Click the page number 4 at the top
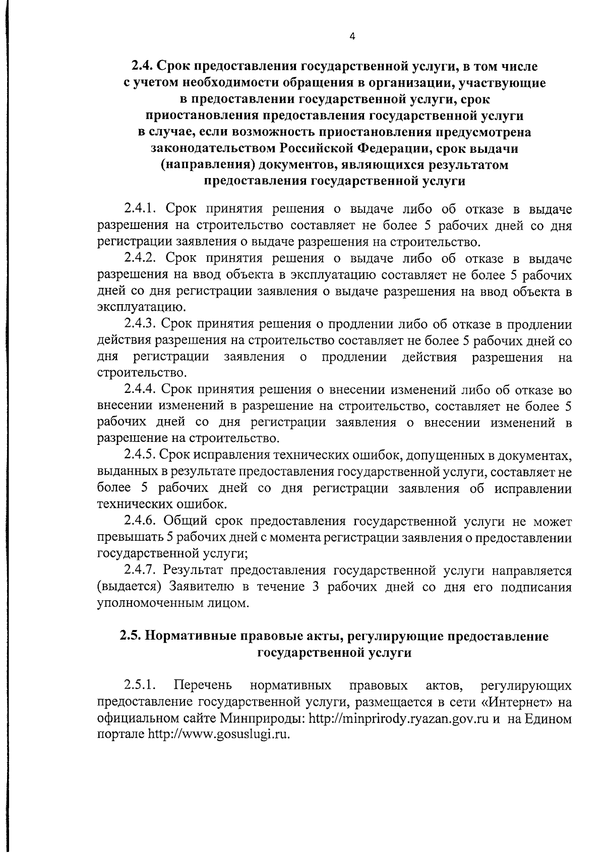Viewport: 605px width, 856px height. click(352, 36)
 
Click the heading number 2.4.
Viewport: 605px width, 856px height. click(142, 67)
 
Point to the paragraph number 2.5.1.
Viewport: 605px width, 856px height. click(140, 686)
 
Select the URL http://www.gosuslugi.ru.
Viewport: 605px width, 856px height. click(219, 735)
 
